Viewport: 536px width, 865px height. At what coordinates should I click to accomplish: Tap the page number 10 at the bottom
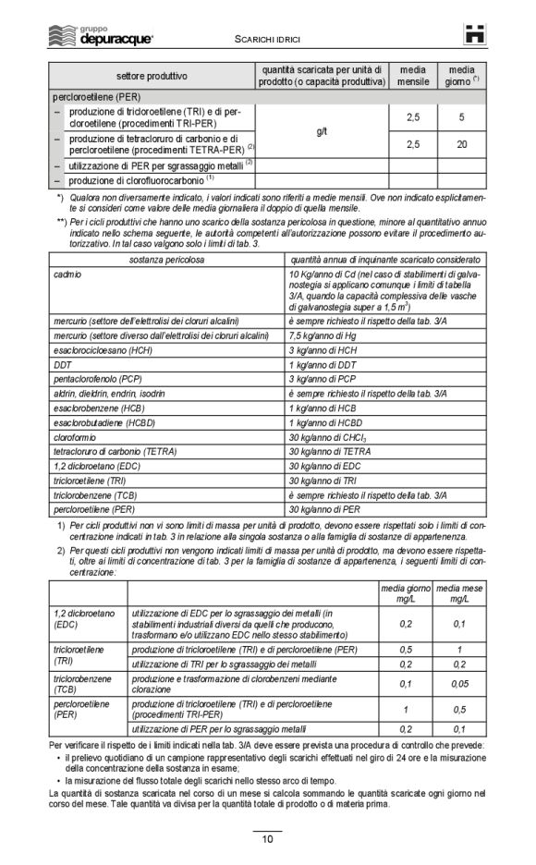pos(267,839)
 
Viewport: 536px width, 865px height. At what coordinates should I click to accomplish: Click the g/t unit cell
pos(322,131)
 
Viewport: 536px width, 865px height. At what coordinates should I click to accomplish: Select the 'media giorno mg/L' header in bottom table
pos(406,593)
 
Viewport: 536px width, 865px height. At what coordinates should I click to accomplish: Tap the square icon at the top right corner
pos(474,34)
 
